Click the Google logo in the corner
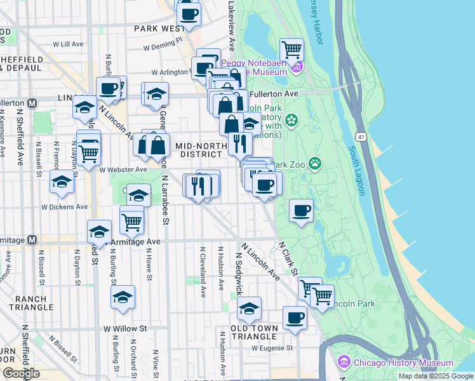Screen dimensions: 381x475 click(x=22, y=373)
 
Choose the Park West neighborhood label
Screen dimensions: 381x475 click(x=159, y=29)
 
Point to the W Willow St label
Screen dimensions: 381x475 click(x=125, y=329)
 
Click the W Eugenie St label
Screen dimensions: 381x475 click(x=272, y=348)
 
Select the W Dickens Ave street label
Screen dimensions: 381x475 click(x=65, y=207)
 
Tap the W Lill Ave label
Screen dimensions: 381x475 click(x=69, y=44)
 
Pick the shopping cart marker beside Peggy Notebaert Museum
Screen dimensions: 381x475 click(x=291, y=49)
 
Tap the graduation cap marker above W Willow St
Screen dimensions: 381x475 click(x=123, y=297)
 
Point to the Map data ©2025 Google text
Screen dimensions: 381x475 click(x=435, y=376)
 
